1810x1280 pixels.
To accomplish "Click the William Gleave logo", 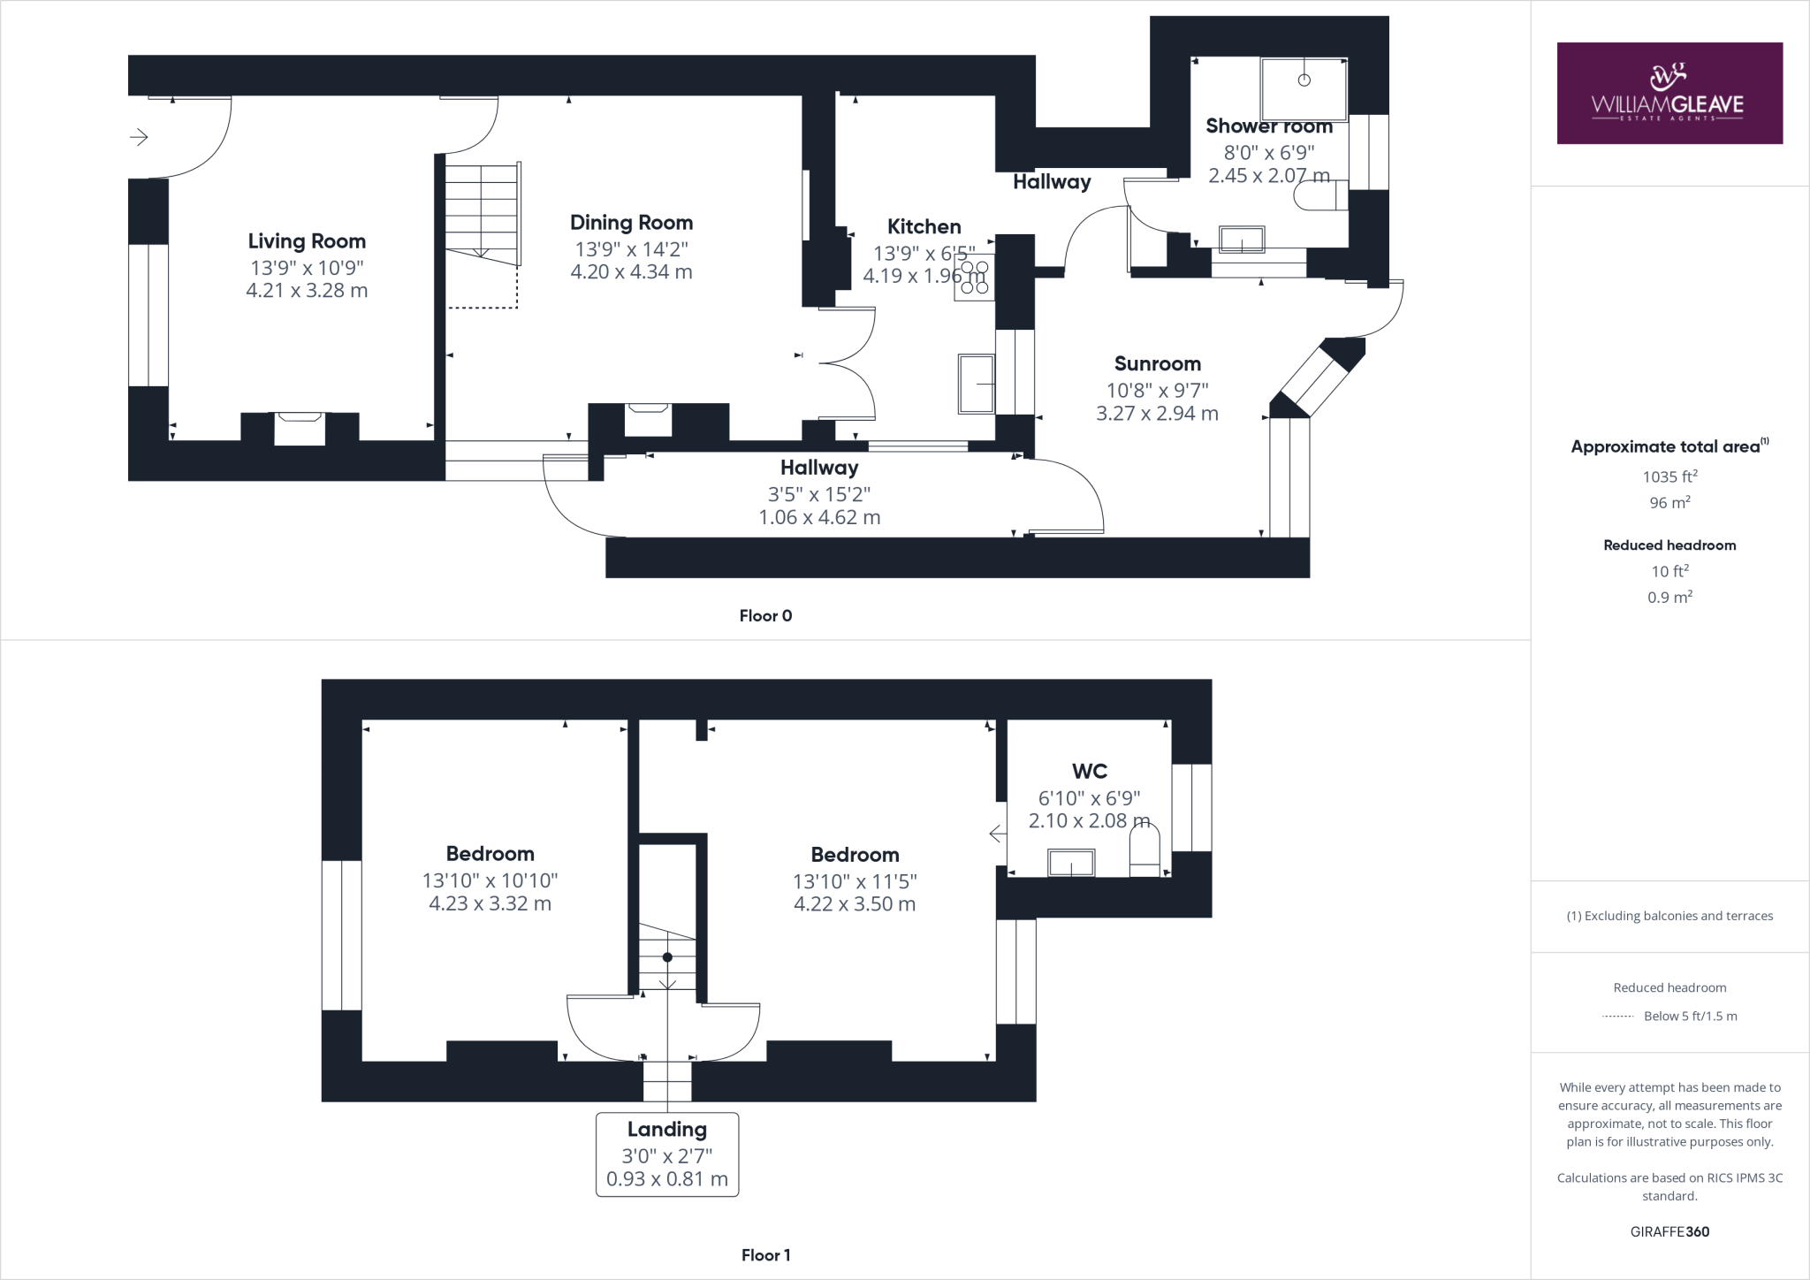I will tap(1669, 93).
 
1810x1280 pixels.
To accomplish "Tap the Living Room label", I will tap(307, 241).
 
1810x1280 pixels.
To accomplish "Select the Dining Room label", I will tap(631, 223).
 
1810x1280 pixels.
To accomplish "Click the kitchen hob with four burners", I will tap(974, 278).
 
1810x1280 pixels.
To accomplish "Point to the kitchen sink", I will tap(976, 384).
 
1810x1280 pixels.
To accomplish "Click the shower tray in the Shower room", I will tap(1304, 88).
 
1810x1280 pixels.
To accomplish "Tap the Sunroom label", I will tap(1157, 364).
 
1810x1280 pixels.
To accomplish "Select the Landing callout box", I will tap(667, 1154).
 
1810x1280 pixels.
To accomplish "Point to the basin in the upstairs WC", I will tap(1071, 862).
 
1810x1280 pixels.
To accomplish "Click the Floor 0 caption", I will tap(765, 616).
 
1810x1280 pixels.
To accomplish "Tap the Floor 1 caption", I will tap(765, 1255).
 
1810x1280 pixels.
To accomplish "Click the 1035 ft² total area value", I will tap(1669, 477).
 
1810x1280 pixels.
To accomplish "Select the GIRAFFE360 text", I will tap(1669, 1231).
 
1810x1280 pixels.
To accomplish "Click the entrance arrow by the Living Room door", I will tap(139, 137).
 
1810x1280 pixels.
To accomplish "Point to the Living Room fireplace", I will tap(300, 428).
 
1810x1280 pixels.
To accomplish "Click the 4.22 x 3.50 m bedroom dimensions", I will tap(855, 904).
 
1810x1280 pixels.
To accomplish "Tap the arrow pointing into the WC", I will tap(997, 834).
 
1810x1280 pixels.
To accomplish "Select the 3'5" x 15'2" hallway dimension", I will tap(819, 494).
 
